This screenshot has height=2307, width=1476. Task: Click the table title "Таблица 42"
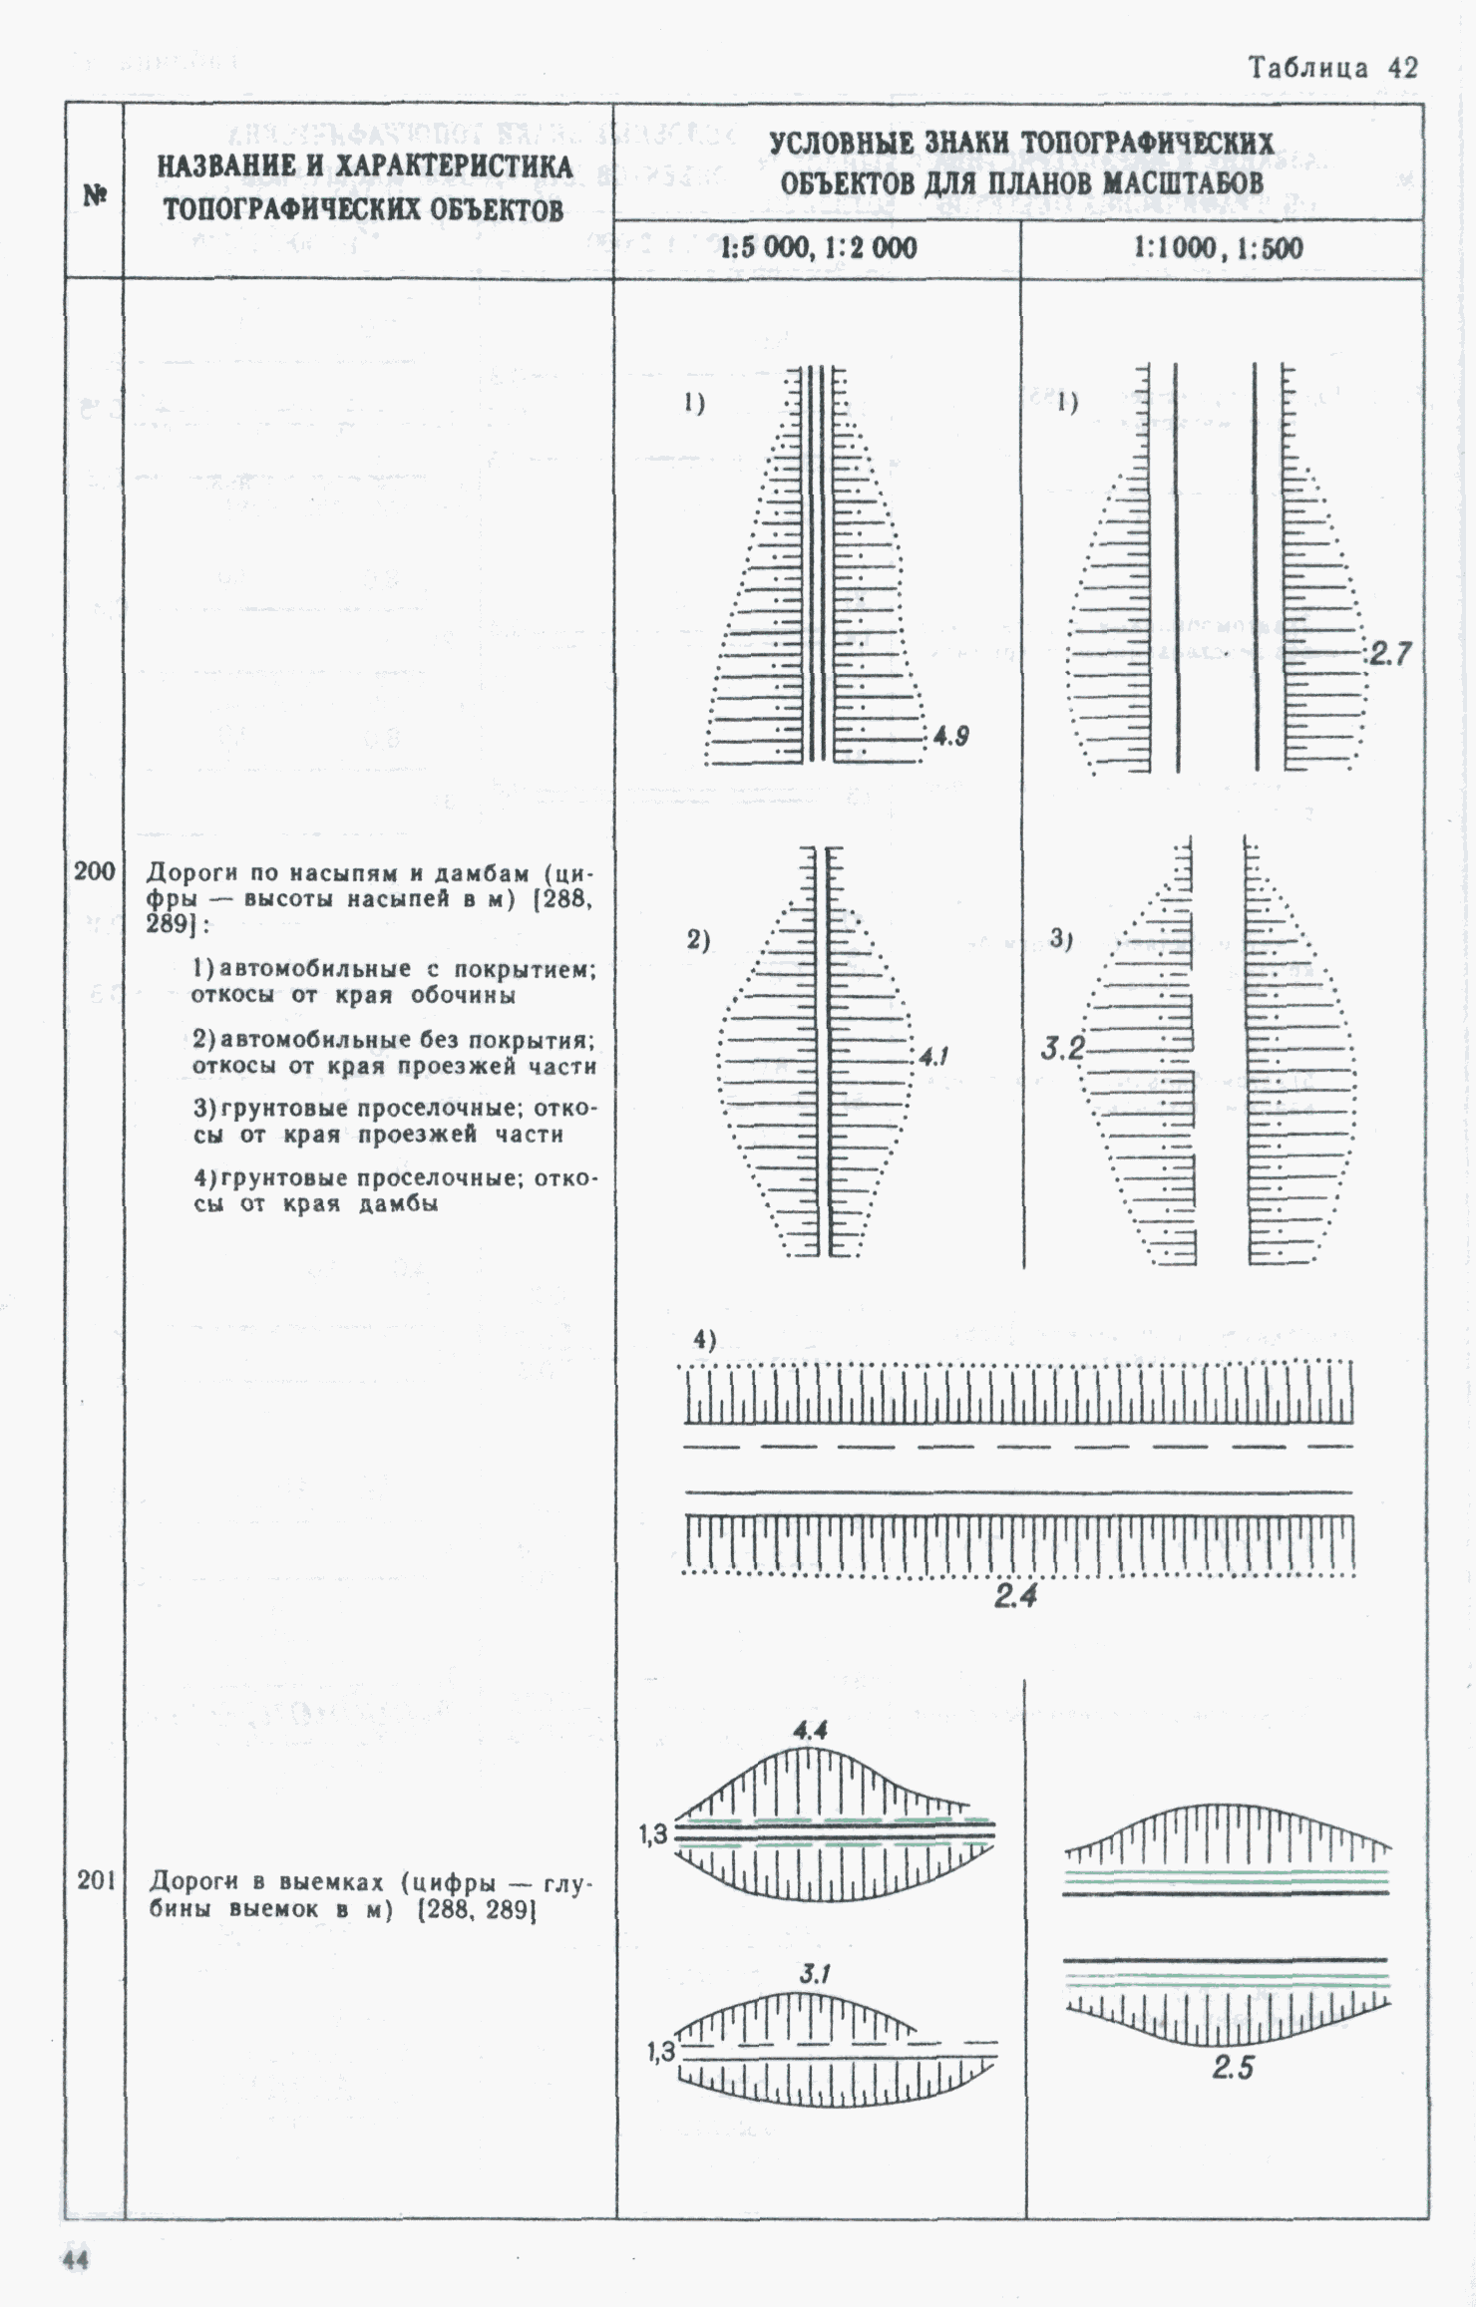[1332, 68]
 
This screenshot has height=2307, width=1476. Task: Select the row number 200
[95, 871]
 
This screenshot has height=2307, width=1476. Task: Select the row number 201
[97, 1881]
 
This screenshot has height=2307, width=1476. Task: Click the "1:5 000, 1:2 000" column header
[818, 248]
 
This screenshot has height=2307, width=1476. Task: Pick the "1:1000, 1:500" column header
[1218, 248]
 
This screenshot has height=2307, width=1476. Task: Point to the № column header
[95, 195]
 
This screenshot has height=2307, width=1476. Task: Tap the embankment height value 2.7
[1390, 654]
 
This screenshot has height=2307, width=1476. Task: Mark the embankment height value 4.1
[934, 1056]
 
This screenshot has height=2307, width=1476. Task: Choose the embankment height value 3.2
[1062, 1048]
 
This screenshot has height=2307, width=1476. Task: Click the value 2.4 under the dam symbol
[1015, 1597]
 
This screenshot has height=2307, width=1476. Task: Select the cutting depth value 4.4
[810, 1731]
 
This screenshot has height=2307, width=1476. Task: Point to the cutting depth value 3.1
[815, 1974]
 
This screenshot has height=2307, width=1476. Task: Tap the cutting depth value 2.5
[1233, 2068]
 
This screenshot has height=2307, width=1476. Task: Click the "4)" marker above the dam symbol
[705, 1341]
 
